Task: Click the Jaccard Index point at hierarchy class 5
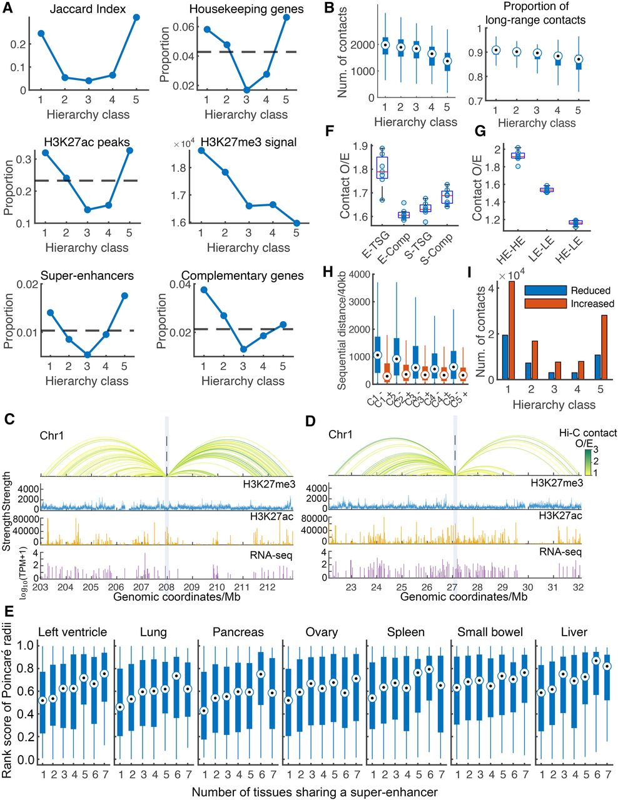136,17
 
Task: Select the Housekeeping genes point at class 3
246,90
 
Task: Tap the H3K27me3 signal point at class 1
201,150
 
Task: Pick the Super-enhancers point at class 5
124,296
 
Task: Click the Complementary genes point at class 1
204,290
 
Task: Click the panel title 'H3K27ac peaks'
87,142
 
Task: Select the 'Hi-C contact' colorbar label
587,432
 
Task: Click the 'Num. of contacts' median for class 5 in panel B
447,61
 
